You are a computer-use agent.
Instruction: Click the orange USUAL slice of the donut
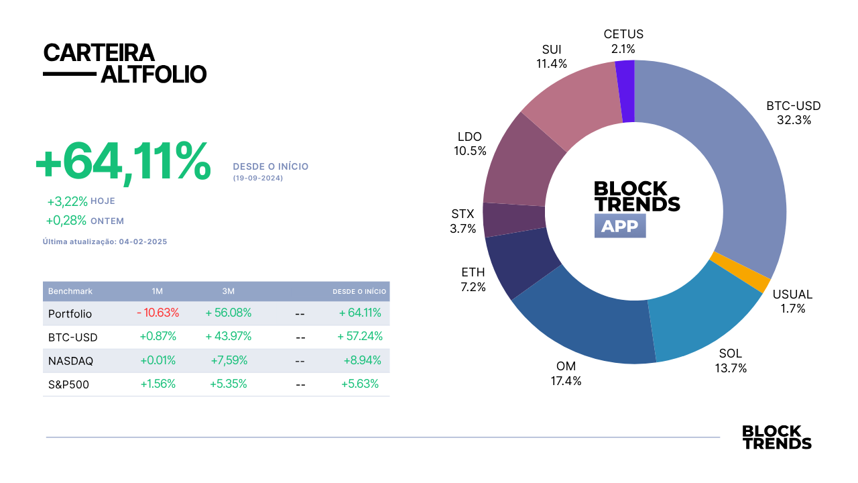tap(740, 273)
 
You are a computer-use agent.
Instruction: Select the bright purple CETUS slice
tap(625, 92)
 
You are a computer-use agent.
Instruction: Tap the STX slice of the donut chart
tap(514, 219)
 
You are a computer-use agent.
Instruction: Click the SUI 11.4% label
tap(552, 56)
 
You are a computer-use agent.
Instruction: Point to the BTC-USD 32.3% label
tap(794, 113)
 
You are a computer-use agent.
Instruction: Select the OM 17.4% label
tap(566, 374)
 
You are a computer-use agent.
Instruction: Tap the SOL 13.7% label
tap(731, 360)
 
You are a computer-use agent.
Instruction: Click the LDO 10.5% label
tap(470, 144)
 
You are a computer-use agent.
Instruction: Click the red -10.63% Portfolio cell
tap(158, 313)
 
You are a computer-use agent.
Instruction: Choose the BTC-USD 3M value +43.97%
tap(229, 336)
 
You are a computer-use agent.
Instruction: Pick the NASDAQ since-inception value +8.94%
tap(363, 360)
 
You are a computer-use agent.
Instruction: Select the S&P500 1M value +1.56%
tap(158, 384)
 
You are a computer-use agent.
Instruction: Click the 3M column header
tap(229, 291)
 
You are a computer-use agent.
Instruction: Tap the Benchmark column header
tap(70, 291)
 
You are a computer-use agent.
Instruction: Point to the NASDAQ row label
tap(70, 361)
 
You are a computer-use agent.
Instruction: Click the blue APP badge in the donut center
tap(620, 226)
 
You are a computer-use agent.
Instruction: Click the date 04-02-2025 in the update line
tap(143, 241)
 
